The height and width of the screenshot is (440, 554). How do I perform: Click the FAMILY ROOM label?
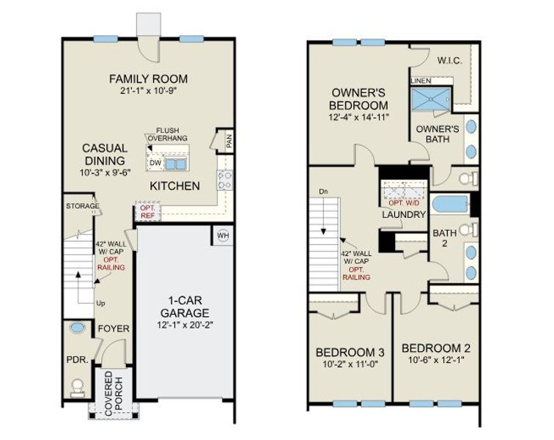149,78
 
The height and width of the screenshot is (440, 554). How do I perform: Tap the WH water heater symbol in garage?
223,236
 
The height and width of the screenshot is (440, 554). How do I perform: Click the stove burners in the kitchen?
224,180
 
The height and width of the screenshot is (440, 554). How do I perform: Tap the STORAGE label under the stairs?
82,206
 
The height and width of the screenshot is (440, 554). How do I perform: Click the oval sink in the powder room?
77,330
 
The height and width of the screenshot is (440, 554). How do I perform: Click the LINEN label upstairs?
420,80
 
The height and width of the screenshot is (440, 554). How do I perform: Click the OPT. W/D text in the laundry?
403,202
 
